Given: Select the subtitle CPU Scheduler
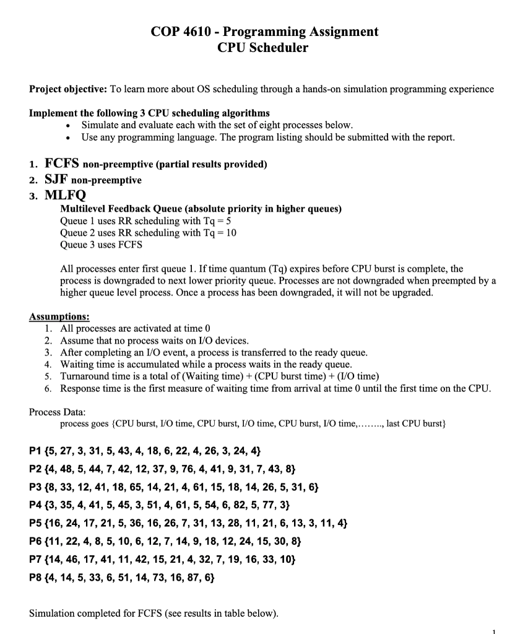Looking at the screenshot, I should tap(263, 48).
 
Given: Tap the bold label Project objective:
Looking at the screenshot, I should tap(68, 89).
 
